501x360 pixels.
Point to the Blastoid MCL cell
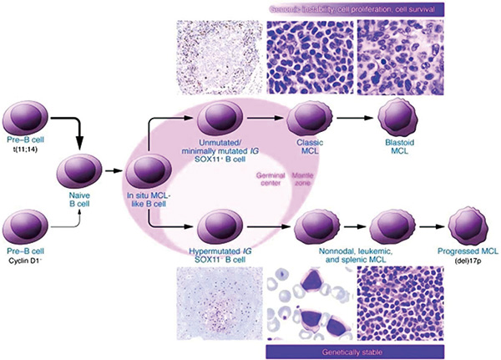point(397,119)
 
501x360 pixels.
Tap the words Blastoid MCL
point(397,153)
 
